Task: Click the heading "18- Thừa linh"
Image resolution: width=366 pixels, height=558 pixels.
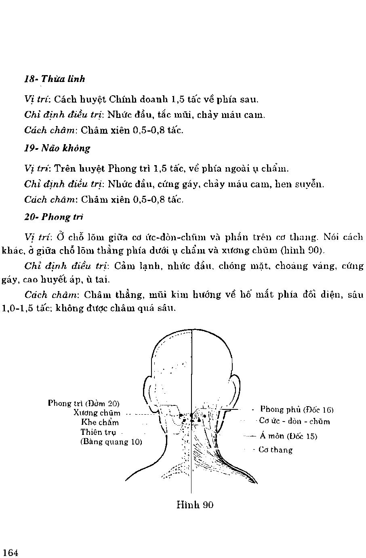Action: coord(55,79)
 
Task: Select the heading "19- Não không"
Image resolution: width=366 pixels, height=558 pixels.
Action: coord(57,148)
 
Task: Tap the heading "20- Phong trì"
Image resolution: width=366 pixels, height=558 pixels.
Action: coord(54,217)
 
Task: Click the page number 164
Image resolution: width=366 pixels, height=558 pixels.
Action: coord(10,552)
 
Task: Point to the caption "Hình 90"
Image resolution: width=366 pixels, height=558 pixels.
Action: coord(195,504)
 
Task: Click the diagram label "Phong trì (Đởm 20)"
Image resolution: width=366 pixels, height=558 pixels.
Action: coord(84,403)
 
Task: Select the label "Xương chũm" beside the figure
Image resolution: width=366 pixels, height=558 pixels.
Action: coord(97,413)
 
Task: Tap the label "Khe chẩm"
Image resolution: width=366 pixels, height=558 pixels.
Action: coord(100,422)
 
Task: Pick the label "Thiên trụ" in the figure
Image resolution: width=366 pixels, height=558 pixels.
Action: coord(98,432)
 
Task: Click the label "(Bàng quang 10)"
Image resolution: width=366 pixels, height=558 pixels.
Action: coord(111,441)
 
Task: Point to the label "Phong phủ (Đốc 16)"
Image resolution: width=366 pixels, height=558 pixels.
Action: coord(297,409)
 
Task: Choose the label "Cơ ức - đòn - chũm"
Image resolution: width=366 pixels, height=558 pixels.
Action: coord(294,422)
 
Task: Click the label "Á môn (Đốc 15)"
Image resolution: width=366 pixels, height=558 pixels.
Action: coord(288,436)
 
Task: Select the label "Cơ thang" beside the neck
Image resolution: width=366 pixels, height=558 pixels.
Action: coord(276,450)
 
